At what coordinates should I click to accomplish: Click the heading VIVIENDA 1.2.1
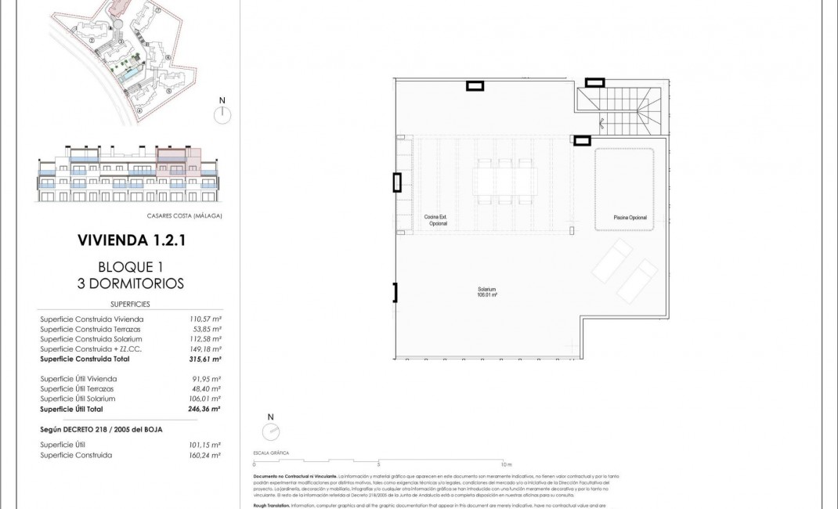tap(131, 240)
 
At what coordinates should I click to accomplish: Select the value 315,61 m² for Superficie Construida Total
tap(205, 359)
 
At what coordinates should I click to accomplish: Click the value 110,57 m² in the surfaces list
tap(205, 319)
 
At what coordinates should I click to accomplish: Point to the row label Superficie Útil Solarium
tap(78, 399)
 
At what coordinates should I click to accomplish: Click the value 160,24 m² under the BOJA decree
tap(205, 455)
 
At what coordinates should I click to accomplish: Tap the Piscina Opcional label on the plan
tap(630, 218)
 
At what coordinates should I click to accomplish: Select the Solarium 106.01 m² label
tap(487, 292)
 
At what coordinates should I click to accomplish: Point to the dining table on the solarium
tap(504, 181)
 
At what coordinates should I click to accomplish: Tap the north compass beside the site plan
tap(222, 114)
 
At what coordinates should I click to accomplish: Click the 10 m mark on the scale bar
tap(507, 465)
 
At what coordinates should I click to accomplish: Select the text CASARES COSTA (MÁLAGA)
tap(184, 215)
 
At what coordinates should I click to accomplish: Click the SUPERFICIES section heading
tap(130, 304)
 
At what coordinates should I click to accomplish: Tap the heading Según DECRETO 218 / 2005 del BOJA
tap(101, 430)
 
